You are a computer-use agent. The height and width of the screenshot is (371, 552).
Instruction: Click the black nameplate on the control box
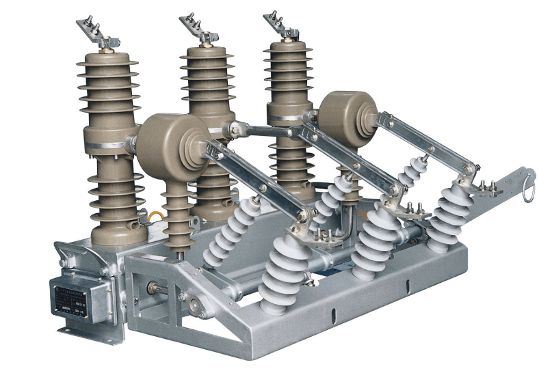pos(73,298)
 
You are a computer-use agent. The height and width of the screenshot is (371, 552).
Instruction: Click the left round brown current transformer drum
pos(172,140)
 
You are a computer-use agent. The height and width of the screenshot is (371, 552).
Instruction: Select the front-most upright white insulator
pos(282,273)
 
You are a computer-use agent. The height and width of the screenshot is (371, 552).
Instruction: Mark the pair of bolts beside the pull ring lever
pos(488,185)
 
